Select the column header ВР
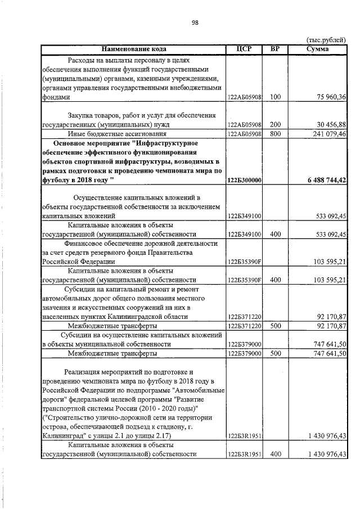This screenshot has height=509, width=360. (x=275, y=49)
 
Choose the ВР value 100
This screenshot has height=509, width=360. (x=275, y=97)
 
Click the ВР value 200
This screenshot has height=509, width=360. (x=275, y=124)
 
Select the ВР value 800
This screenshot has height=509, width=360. (x=275, y=134)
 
